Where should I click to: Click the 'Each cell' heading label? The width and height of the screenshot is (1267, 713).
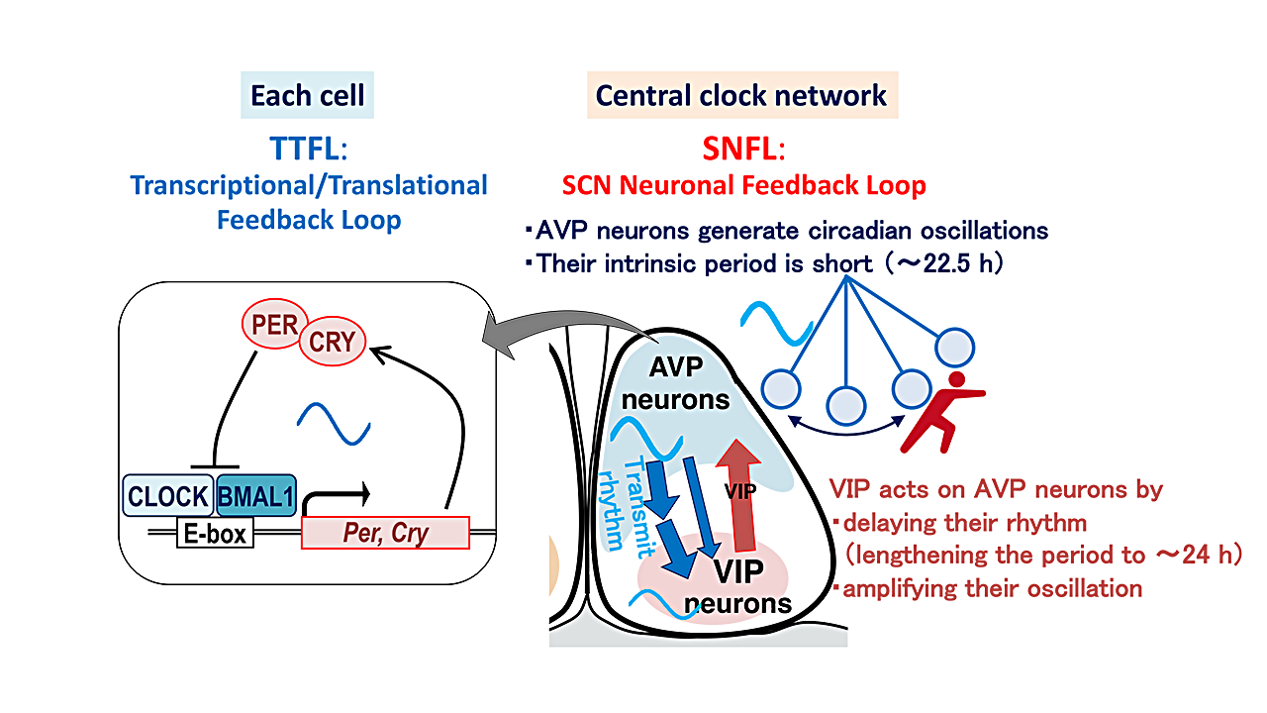pyautogui.click(x=307, y=96)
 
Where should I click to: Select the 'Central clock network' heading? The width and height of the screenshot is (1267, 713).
pyautogui.click(x=741, y=96)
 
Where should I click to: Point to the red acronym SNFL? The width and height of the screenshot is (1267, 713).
pyautogui.click(x=741, y=149)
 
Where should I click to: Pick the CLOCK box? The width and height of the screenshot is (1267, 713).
pyautogui.click(x=167, y=496)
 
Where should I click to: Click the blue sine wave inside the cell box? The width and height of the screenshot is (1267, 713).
pyautogui.click(x=336, y=425)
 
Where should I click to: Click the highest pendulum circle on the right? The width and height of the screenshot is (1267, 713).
pyautogui.click(x=956, y=348)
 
